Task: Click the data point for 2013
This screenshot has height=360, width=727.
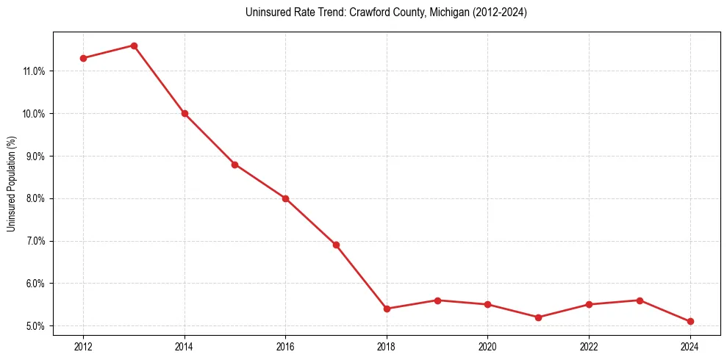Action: pyautogui.click(x=134, y=46)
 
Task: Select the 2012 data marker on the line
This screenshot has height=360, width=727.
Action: pyautogui.click(x=83, y=58)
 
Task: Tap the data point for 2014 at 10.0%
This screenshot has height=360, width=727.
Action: pyautogui.click(x=185, y=114)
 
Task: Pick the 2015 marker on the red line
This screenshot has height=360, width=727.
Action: pyautogui.click(x=235, y=165)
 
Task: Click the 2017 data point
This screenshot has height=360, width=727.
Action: pyautogui.click(x=336, y=245)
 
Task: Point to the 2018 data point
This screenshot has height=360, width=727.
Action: pyautogui.click(x=387, y=309)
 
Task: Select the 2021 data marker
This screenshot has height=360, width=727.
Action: pyautogui.click(x=538, y=317)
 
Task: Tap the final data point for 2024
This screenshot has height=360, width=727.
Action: pyautogui.click(x=690, y=322)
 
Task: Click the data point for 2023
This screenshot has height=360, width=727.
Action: pyautogui.click(x=640, y=300)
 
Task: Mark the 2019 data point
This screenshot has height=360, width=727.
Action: pyautogui.click(x=437, y=300)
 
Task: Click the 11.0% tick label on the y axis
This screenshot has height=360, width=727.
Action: pyautogui.click(x=35, y=71)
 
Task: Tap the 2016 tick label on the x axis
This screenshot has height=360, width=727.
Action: pyautogui.click(x=285, y=346)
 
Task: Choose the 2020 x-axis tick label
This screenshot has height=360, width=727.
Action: pyautogui.click(x=488, y=346)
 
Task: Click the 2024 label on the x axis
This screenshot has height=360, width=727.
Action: pyautogui.click(x=690, y=346)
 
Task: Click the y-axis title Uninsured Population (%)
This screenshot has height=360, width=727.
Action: pyautogui.click(x=11, y=184)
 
